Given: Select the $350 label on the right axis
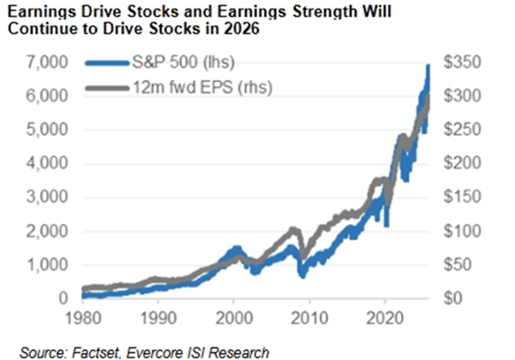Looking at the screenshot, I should (x=456, y=63).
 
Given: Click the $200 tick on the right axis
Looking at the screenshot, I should (x=456, y=163).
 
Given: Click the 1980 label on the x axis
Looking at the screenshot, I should (x=83, y=315).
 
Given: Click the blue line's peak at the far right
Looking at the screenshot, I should (x=427, y=66).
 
